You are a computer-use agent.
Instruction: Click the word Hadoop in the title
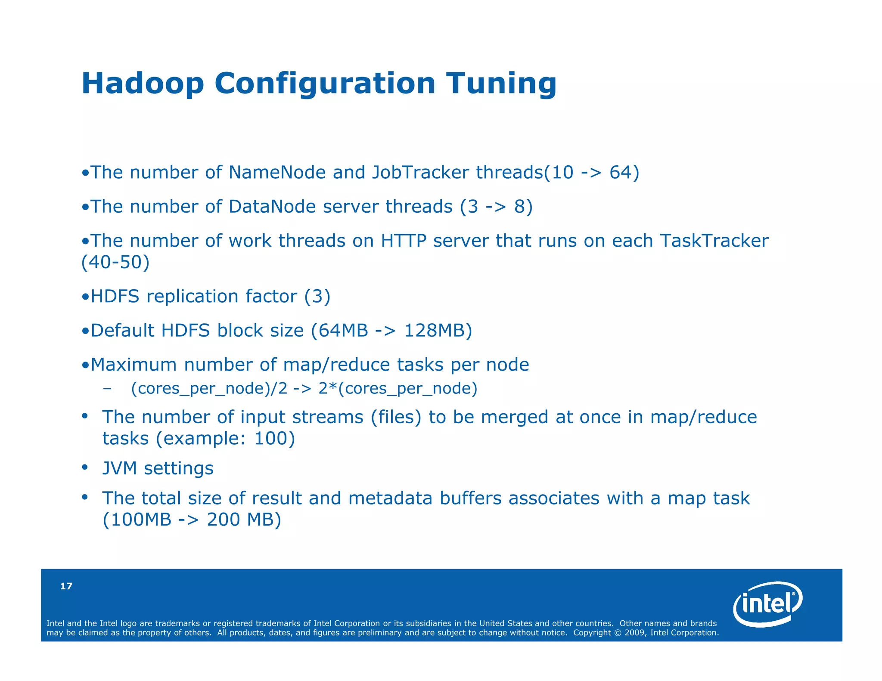[143, 83]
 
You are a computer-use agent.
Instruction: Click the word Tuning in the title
[501, 83]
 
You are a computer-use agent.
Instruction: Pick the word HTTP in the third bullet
[403, 241]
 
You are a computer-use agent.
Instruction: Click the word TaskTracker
[714, 241]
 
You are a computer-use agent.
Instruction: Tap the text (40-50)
[115, 262]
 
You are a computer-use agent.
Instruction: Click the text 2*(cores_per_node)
[398, 388]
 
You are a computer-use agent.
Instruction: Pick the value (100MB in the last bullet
[137, 520]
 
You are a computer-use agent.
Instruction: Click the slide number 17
[66, 586]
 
